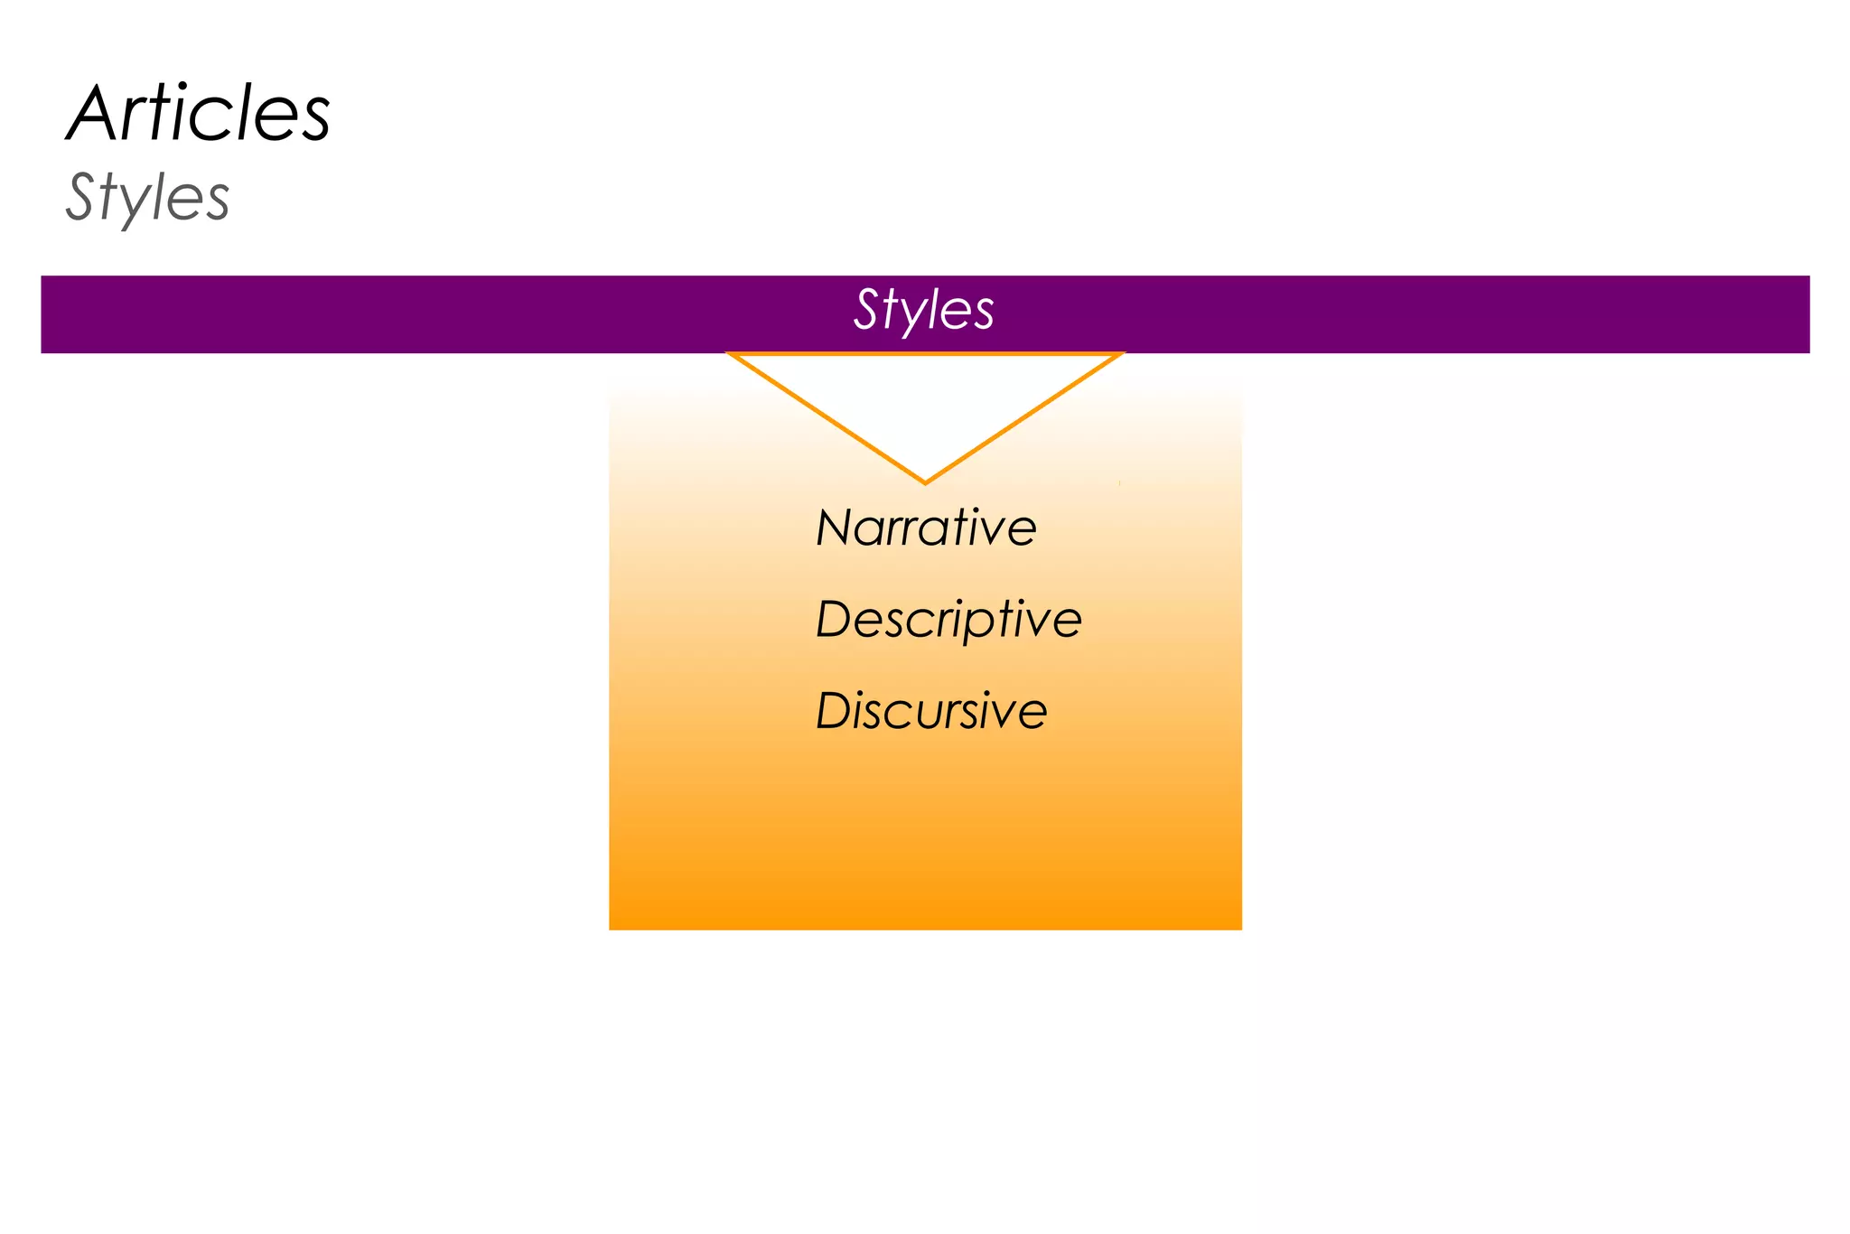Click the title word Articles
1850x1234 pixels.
(x=199, y=114)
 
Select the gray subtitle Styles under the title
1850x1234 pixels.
(x=148, y=197)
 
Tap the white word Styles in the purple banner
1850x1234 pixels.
(x=924, y=310)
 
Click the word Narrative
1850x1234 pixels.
(x=926, y=528)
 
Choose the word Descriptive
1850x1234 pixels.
(x=948, y=620)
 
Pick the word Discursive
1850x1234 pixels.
(x=931, y=711)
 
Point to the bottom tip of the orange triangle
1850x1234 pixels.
(x=925, y=482)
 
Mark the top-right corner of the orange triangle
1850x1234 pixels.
(x=1122, y=354)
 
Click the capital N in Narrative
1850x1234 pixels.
(x=834, y=528)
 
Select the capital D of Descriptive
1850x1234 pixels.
(x=834, y=620)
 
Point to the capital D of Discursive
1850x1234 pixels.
(x=834, y=711)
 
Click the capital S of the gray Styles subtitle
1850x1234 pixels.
(x=81, y=196)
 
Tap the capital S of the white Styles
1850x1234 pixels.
(x=867, y=310)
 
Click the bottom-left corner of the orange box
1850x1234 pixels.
(x=611, y=928)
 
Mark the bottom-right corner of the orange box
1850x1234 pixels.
(x=1240, y=928)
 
